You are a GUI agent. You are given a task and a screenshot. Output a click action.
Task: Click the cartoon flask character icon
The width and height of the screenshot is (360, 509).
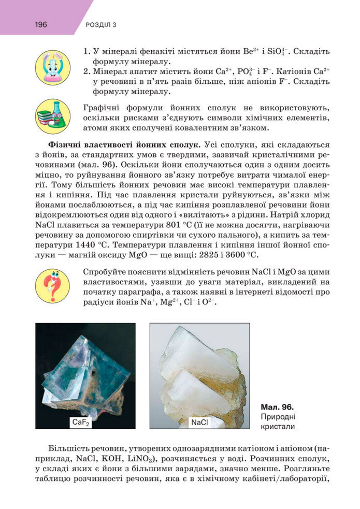(x=52, y=68)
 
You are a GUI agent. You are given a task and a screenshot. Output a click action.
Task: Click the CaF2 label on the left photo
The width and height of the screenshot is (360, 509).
(x=81, y=423)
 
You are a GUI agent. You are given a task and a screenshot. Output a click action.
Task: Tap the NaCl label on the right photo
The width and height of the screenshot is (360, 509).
(x=199, y=423)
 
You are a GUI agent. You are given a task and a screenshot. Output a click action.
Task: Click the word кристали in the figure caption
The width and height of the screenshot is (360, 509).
(x=277, y=427)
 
